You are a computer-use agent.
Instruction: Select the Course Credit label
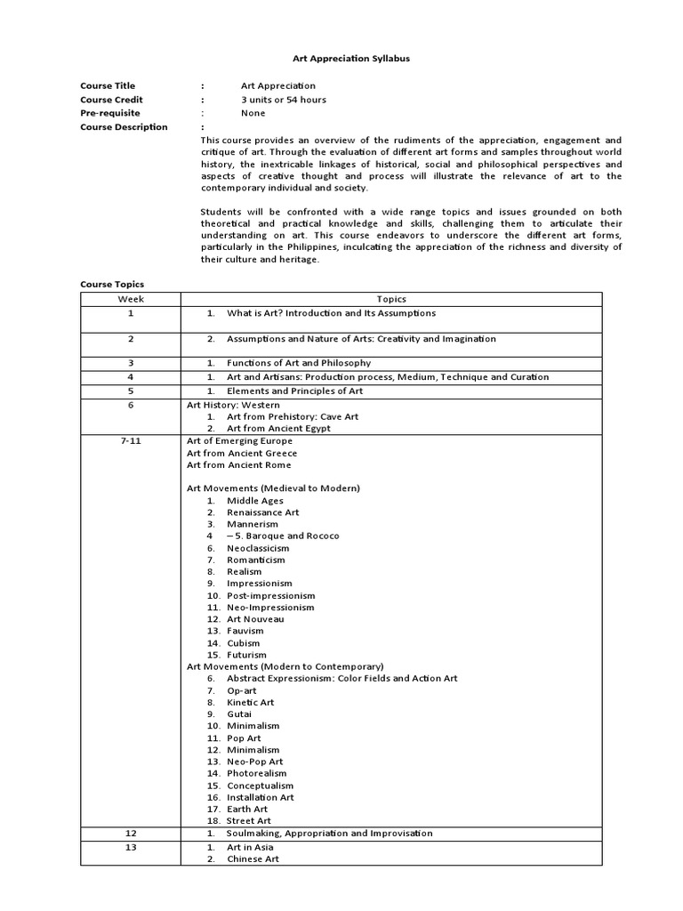click(111, 100)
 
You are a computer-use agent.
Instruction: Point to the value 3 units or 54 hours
click(283, 100)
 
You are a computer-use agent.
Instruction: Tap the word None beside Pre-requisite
click(253, 113)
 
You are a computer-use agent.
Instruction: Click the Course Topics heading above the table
click(112, 284)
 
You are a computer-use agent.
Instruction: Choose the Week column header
click(131, 300)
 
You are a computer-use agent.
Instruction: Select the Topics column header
click(391, 300)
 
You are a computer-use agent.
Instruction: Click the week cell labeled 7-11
click(131, 440)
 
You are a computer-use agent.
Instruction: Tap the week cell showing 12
click(131, 834)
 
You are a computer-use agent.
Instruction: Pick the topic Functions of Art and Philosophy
click(299, 363)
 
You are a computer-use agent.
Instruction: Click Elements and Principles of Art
click(294, 391)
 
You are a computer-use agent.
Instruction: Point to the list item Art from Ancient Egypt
click(278, 428)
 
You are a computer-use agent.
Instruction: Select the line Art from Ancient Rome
click(238, 464)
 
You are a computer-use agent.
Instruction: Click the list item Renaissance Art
click(262, 512)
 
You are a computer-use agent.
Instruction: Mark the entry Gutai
click(239, 713)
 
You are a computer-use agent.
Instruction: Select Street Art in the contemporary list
click(248, 820)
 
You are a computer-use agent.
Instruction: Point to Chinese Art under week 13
click(253, 859)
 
